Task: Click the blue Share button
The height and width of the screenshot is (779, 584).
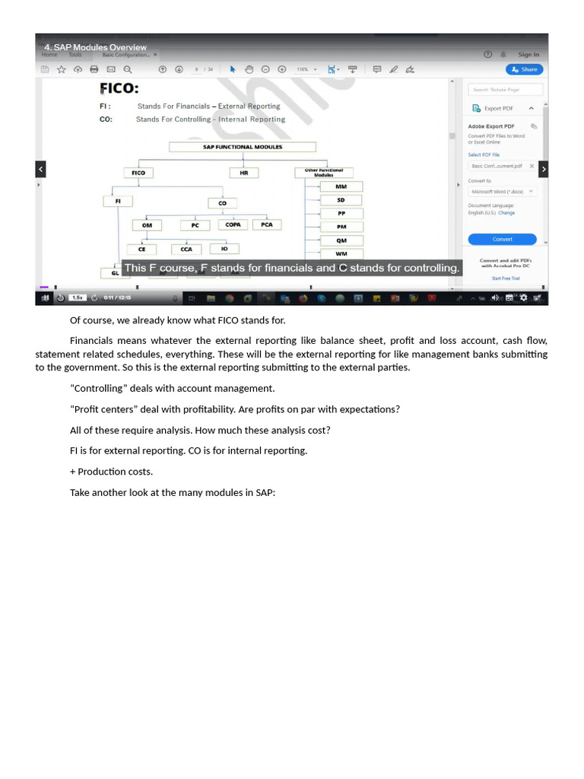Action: [525, 69]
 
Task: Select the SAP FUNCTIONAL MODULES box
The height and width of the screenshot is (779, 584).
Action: [243, 147]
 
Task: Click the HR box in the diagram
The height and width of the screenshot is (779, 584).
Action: [244, 173]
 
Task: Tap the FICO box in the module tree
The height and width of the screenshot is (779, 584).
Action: [138, 173]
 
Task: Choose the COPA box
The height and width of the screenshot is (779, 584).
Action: [233, 224]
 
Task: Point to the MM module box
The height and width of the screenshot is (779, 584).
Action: [341, 186]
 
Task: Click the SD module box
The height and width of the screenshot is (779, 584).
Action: [341, 200]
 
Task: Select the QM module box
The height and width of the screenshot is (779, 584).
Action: [341, 240]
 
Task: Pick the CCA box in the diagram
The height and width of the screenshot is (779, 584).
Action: [186, 249]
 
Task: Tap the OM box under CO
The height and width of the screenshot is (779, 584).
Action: [147, 225]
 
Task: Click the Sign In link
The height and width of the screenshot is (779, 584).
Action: [528, 55]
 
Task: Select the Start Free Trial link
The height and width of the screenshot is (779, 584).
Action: [506, 278]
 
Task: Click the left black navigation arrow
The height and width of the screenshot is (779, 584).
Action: [41, 169]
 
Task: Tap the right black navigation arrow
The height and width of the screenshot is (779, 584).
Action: [543, 169]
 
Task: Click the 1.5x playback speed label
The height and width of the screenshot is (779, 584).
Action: [77, 297]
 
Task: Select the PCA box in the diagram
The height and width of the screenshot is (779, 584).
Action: [267, 224]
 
